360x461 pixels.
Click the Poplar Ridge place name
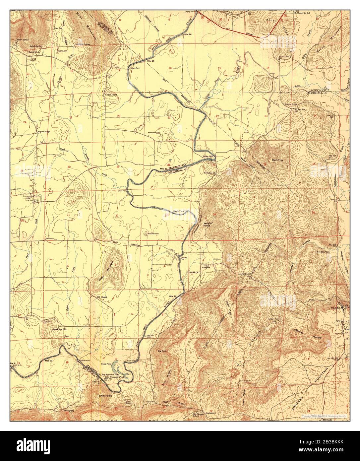pos(43,131)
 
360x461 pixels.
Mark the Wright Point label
pos(208,225)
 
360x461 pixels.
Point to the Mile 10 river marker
pos(49,360)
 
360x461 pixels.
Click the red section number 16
pos(170,68)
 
